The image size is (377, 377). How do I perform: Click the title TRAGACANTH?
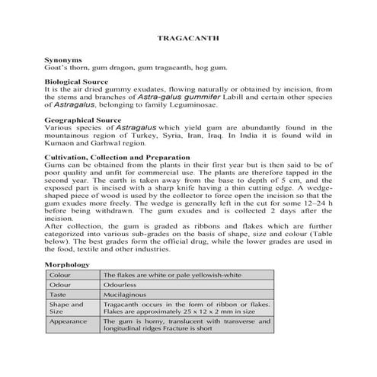188,36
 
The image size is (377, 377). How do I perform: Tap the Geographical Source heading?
83,120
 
